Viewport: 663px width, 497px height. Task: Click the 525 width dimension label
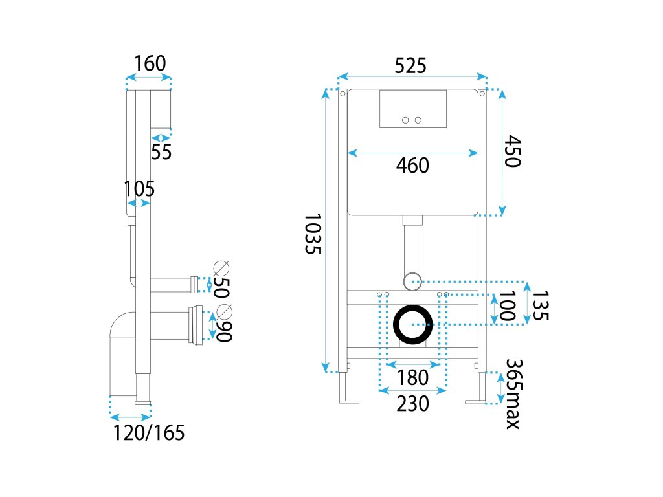[411, 65]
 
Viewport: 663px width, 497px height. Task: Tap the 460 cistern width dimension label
[412, 166]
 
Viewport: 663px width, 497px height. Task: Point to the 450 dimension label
[512, 151]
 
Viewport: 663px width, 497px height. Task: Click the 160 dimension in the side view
[150, 63]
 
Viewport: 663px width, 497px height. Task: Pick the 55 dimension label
[161, 152]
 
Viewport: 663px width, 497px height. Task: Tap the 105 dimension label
[139, 189]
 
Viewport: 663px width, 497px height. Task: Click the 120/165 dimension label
[149, 432]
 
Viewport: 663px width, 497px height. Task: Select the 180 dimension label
[412, 377]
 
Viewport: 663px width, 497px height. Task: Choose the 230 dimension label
[412, 404]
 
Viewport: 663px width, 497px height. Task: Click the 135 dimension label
[541, 305]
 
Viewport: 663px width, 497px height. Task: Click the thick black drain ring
[413, 324]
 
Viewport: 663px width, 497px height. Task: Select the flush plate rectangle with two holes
[412, 108]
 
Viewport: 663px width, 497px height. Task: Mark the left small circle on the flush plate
[406, 120]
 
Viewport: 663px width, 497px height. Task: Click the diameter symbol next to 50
[222, 267]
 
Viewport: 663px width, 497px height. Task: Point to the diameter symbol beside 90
[225, 310]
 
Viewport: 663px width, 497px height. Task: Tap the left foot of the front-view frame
[348, 401]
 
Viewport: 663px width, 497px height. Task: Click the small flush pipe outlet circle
[412, 281]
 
